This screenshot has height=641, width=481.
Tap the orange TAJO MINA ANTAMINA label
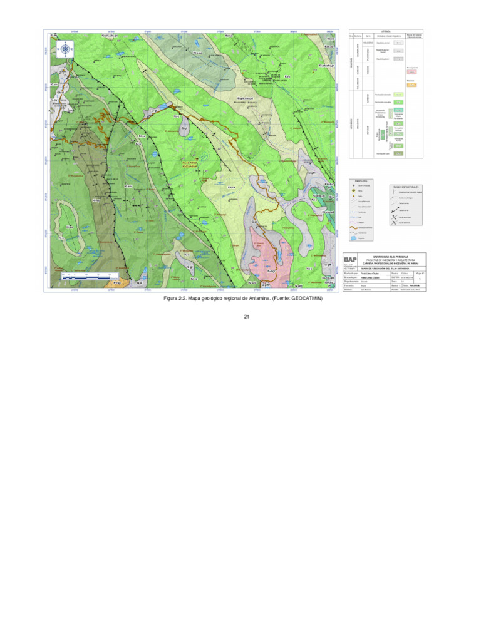click(189, 164)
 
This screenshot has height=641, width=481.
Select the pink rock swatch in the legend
click(411, 73)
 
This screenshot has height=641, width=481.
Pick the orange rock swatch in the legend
click(411, 83)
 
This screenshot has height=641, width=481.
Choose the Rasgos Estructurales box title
click(406, 186)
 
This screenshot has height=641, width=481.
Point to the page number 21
click(247, 317)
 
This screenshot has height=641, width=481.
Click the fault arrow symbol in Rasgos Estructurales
click(396, 210)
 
